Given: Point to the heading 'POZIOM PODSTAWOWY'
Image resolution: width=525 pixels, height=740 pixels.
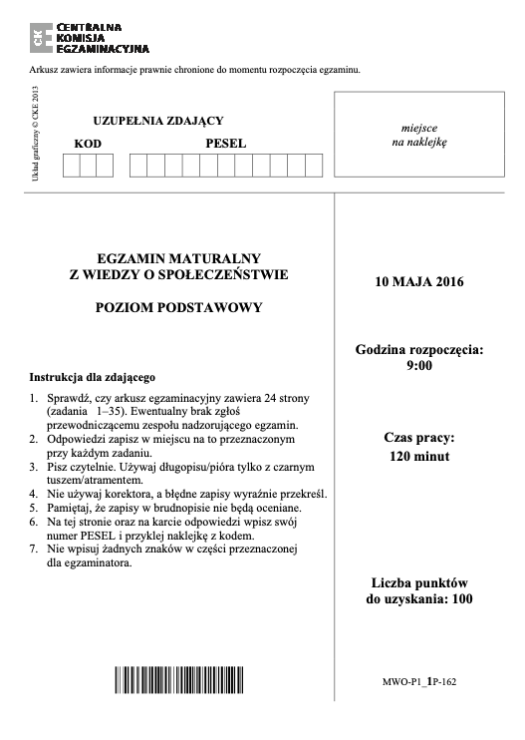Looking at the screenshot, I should click(x=178, y=307).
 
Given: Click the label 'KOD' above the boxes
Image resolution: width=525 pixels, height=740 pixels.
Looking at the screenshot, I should click(x=88, y=144).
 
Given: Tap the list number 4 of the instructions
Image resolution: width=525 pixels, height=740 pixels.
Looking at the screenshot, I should click(x=34, y=493).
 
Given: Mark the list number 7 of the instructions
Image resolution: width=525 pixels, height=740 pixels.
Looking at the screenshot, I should click(x=34, y=549).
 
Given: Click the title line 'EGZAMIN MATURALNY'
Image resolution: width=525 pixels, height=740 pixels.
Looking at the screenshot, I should click(x=178, y=257).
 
